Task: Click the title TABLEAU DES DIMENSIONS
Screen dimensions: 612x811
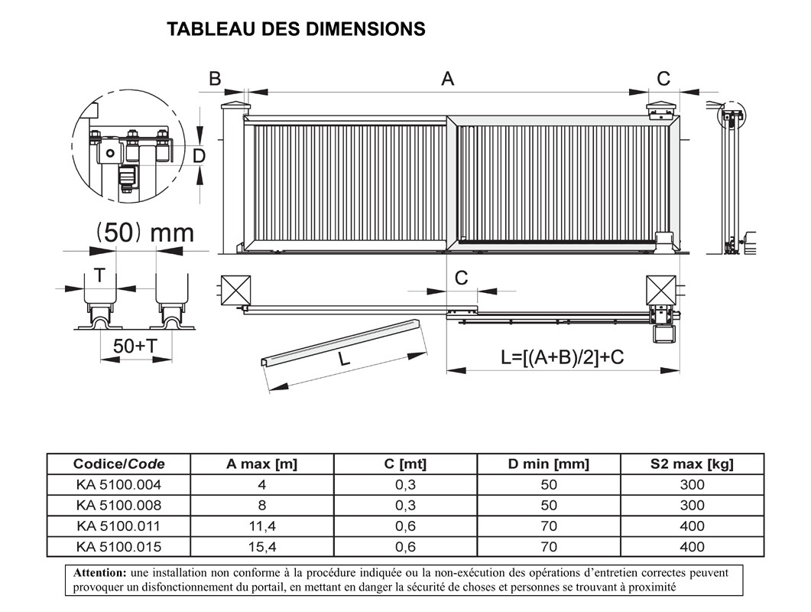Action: (296, 29)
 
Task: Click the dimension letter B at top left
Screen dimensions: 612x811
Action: (215, 78)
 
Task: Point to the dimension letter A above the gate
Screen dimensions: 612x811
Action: (447, 78)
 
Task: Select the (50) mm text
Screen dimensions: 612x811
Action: (144, 232)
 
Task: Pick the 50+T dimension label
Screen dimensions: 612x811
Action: (135, 346)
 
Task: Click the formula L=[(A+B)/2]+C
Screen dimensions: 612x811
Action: (562, 356)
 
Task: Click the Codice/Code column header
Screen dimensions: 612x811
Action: (118, 464)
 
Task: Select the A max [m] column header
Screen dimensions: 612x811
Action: (261, 464)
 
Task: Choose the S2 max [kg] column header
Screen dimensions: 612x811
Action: (692, 464)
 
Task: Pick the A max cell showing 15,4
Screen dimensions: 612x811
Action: (261, 546)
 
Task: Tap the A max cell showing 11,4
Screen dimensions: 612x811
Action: (261, 526)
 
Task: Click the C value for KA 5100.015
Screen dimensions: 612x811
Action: (405, 546)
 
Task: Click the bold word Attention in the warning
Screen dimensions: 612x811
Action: (99, 572)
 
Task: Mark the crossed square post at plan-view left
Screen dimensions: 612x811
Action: (235, 290)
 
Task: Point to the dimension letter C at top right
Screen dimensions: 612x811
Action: (663, 78)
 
